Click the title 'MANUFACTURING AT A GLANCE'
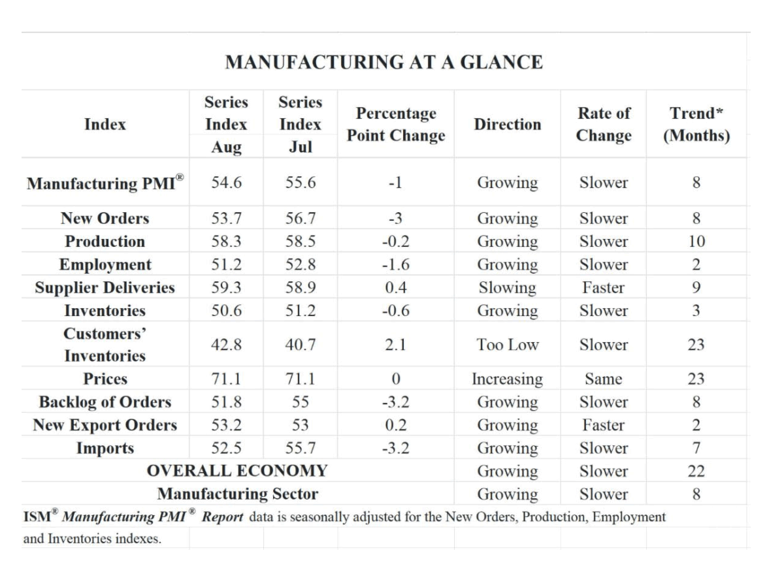click(x=383, y=63)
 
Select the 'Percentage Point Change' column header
click(x=396, y=124)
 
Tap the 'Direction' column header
click(x=507, y=124)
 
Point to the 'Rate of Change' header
click(x=604, y=124)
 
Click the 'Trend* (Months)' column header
click(x=696, y=124)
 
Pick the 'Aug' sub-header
click(x=226, y=147)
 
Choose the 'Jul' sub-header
click(x=300, y=147)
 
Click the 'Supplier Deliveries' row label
click(x=105, y=287)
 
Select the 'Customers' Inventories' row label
click(x=105, y=345)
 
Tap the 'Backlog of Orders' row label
click(x=105, y=402)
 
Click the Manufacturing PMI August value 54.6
click(x=226, y=182)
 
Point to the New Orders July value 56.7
click(x=301, y=218)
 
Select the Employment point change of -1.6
click(x=396, y=264)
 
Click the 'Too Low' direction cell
click(x=507, y=345)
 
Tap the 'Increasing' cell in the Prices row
click(x=507, y=379)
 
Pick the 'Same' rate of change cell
click(x=604, y=379)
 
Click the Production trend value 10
click(x=696, y=241)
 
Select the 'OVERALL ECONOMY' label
click(x=237, y=470)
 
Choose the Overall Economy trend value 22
click(x=696, y=471)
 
